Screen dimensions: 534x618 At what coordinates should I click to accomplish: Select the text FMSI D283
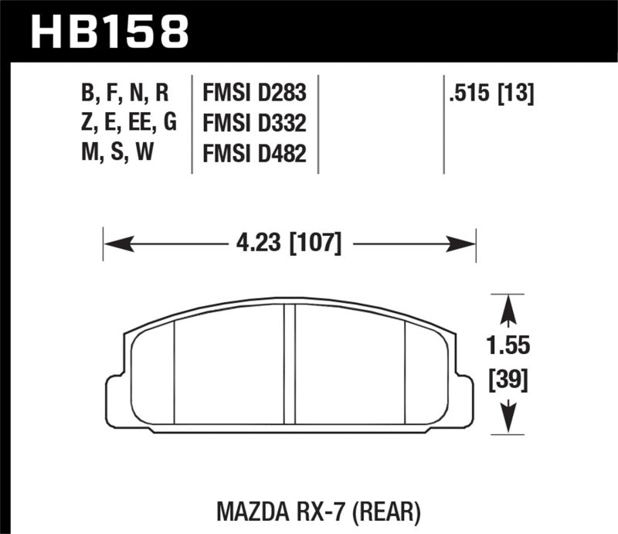pyautogui.click(x=254, y=94)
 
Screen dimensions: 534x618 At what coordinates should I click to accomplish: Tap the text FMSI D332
pyautogui.click(x=254, y=124)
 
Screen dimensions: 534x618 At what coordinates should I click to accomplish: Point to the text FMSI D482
pyautogui.click(x=254, y=155)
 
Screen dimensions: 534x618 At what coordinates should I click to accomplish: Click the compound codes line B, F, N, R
pyautogui.click(x=124, y=94)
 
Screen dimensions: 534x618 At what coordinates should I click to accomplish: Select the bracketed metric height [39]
pyautogui.click(x=508, y=380)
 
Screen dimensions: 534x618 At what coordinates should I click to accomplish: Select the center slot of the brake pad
pyautogui.click(x=290, y=363)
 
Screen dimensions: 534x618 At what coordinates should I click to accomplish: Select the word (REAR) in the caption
pyautogui.click(x=388, y=511)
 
